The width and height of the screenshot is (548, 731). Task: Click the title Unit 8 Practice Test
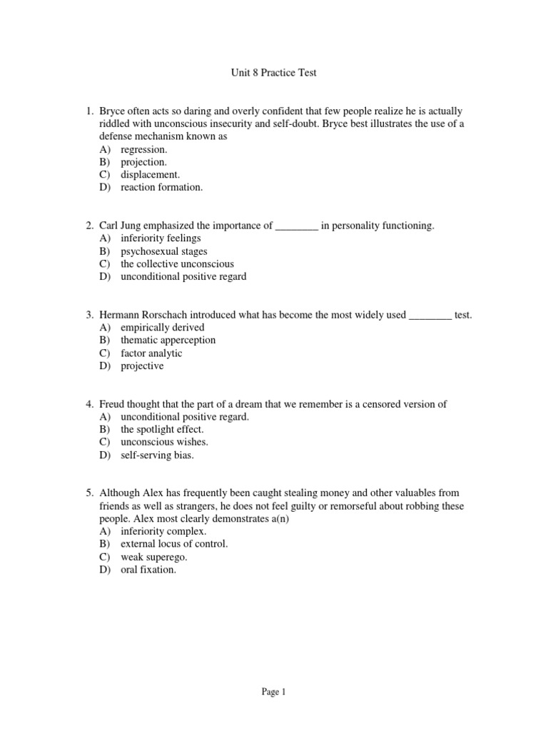pyautogui.click(x=273, y=73)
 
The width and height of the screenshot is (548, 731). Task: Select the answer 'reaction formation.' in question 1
pyautogui.click(x=161, y=187)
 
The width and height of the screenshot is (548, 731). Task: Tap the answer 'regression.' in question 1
pyautogui.click(x=144, y=149)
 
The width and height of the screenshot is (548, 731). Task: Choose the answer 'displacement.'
pyautogui.click(x=150, y=174)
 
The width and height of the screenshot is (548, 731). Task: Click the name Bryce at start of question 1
pyautogui.click(x=113, y=111)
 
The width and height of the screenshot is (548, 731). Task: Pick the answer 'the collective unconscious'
pyautogui.click(x=177, y=263)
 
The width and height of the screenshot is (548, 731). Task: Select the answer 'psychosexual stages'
pyautogui.click(x=164, y=251)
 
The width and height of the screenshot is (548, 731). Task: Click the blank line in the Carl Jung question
pyautogui.click(x=296, y=226)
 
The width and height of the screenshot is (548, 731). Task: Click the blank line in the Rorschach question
pyautogui.click(x=430, y=315)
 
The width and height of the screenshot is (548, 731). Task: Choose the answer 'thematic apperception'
pyautogui.click(x=168, y=340)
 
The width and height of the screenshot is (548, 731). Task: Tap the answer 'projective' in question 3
pyautogui.click(x=142, y=365)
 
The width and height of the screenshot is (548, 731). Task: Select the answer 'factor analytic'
pyautogui.click(x=151, y=353)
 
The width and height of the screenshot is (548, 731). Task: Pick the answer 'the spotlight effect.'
pyautogui.click(x=162, y=429)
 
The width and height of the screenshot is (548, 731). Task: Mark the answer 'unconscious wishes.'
pyautogui.click(x=164, y=442)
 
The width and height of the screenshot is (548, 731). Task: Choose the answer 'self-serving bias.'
pyautogui.click(x=157, y=455)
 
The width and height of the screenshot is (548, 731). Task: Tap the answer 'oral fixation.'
pyautogui.click(x=148, y=570)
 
